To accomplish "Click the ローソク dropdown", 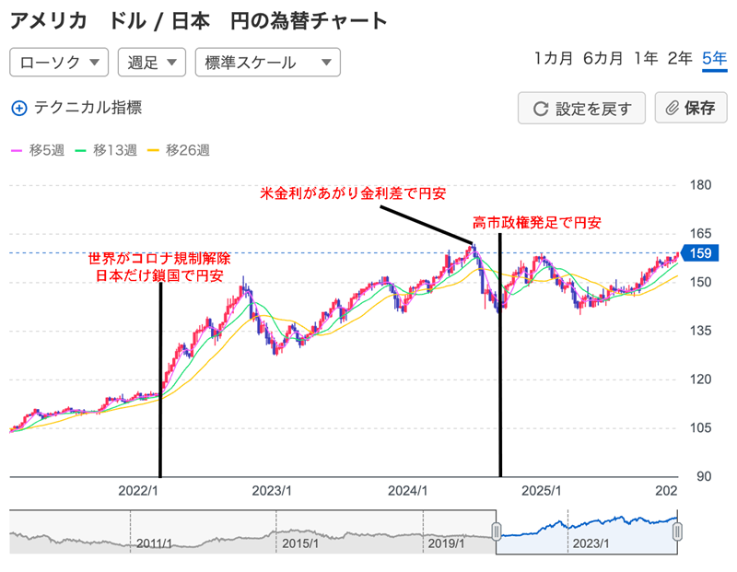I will point(59,63).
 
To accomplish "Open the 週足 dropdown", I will point(151,63).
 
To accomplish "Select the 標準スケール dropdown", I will point(267,63).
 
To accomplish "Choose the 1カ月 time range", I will point(553,59).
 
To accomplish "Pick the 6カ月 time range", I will point(602,59).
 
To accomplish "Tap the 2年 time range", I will point(680,59).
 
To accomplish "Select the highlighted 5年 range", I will point(714,59).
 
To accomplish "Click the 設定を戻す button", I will point(582,108).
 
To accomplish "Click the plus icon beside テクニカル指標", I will point(19,108).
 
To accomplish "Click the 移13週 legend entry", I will point(106,150).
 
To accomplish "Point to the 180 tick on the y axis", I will point(702,185).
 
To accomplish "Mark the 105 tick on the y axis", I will point(702,428).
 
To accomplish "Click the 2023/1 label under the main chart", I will point(273,492).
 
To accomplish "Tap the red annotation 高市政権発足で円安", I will point(537,224).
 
